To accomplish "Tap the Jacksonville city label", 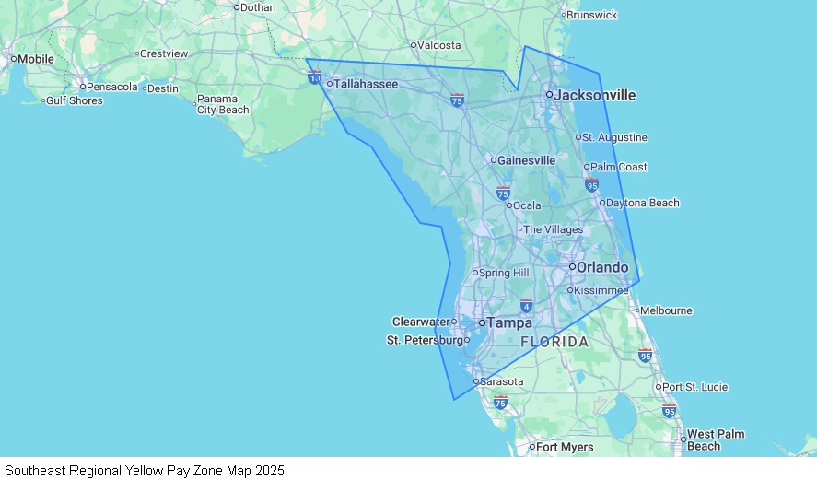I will (594, 95).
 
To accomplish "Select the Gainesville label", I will (526, 160).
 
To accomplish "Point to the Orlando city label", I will (602, 267).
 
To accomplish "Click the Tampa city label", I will (509, 323).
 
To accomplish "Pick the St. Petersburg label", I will (424, 341).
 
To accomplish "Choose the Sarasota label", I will (503, 381).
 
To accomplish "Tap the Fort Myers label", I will (565, 448).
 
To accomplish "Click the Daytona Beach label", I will (643, 203).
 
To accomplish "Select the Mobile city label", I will (36, 59).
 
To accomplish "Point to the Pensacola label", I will (111, 88).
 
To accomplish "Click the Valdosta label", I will (438, 45).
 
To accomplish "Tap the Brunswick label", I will (592, 16).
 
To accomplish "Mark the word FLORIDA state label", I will (554, 342).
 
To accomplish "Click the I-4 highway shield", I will (526, 305).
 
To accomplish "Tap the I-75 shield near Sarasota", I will (500, 402).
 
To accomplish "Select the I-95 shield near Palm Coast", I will (591, 185).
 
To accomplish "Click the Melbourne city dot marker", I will (636, 310).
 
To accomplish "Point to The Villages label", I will (553, 229).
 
